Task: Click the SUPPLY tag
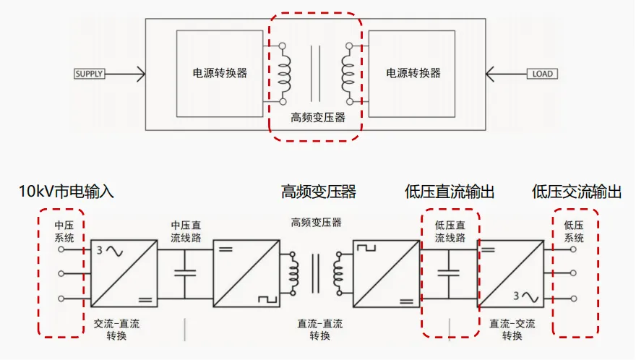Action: pyautogui.click(x=90, y=74)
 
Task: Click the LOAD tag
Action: pyautogui.click(x=542, y=74)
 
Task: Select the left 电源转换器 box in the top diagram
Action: pyautogui.click(x=220, y=73)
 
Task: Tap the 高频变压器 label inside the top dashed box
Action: pyautogui.click(x=315, y=117)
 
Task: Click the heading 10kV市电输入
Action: pyautogui.click(x=66, y=192)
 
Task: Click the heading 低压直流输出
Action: pyautogui.click(x=450, y=192)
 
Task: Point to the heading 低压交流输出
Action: pyautogui.click(x=577, y=192)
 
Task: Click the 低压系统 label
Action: pyautogui.click(x=574, y=231)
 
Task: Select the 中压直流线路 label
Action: pyautogui.click(x=185, y=231)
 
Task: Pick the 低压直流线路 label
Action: pyautogui.click(x=450, y=231)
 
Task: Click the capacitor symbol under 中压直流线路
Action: pyautogui.click(x=185, y=274)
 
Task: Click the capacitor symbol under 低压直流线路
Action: pyautogui.click(x=450, y=274)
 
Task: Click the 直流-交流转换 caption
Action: pyautogui.click(x=512, y=330)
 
